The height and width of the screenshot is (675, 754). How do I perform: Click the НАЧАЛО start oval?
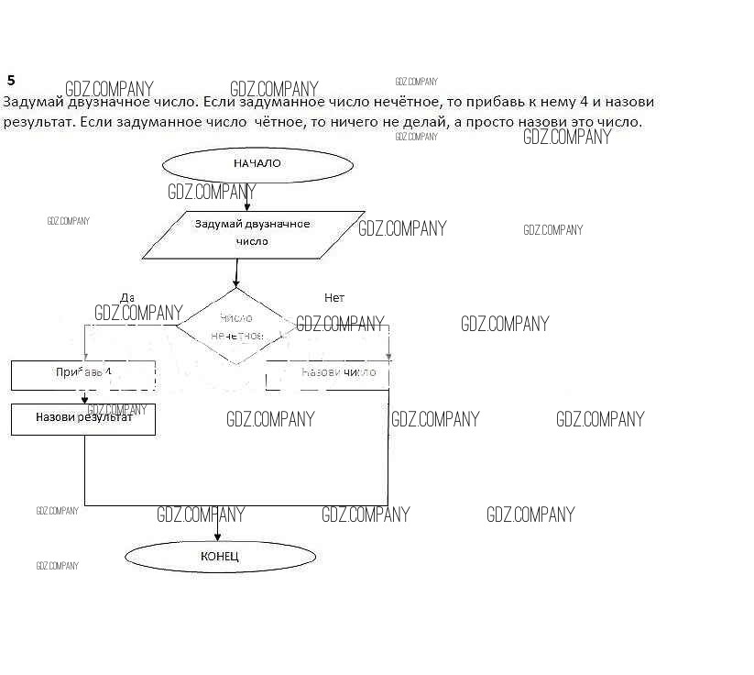pyautogui.click(x=257, y=165)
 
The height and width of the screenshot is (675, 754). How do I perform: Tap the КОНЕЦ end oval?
pyautogui.click(x=220, y=556)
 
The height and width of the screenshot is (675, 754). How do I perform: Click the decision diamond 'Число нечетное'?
pyautogui.click(x=236, y=326)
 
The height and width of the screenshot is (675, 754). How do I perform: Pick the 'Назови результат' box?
pyautogui.click(x=83, y=418)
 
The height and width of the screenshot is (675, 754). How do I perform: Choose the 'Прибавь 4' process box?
pyautogui.click(x=83, y=374)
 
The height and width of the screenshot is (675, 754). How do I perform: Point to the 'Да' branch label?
pyautogui.click(x=127, y=298)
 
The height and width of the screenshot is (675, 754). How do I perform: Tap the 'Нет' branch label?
pyautogui.click(x=334, y=298)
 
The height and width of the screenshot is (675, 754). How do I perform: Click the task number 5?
pyautogui.click(x=11, y=81)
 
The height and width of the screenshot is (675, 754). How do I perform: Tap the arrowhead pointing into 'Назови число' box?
pyautogui.click(x=388, y=355)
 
